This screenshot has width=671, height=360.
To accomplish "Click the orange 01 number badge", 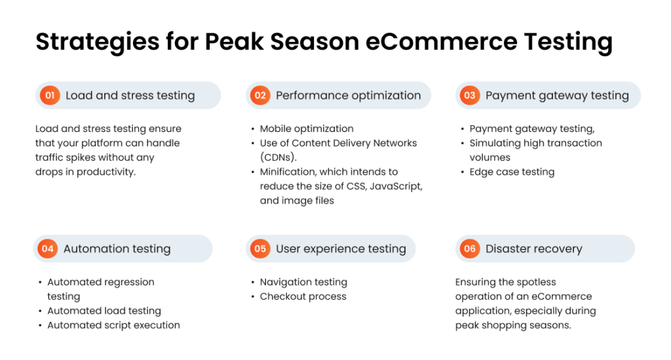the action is click(x=50, y=95).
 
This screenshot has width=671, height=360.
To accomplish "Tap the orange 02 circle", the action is click(x=260, y=95).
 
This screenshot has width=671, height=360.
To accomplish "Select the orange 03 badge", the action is click(x=470, y=95).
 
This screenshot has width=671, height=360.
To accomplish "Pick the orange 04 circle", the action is click(x=47, y=249).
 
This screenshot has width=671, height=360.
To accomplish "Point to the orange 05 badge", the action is click(x=260, y=249).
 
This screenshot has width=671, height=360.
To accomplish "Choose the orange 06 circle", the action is click(x=470, y=249).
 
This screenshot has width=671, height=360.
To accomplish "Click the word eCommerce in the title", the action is click(x=441, y=41).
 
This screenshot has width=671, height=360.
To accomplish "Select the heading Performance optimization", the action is click(x=349, y=96).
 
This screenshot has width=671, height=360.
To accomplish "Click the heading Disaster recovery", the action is click(x=533, y=249).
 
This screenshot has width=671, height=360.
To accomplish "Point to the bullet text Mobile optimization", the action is click(x=307, y=129).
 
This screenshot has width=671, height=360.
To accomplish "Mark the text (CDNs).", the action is click(x=278, y=157).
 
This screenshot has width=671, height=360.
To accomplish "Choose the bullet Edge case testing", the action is click(x=512, y=172).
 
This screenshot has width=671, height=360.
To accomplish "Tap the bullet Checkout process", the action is click(x=303, y=296).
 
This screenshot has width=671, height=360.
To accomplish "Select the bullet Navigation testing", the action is click(x=303, y=283).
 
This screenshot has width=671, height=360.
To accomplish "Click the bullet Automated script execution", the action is click(x=114, y=325).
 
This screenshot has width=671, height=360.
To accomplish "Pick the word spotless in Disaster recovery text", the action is click(x=536, y=283).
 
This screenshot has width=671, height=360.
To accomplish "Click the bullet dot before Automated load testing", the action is click(x=40, y=311).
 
